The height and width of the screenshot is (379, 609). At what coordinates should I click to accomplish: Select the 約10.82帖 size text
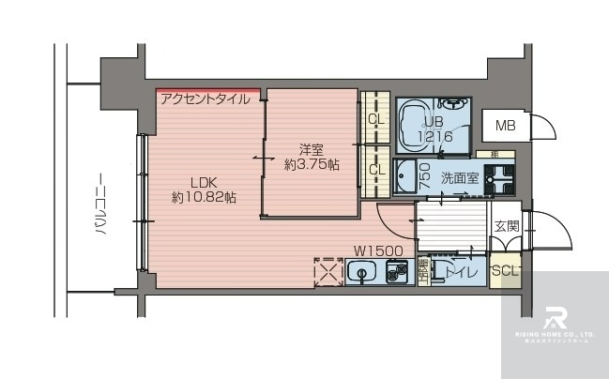tap(204, 198)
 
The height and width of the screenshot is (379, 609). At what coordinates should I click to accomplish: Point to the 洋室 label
tap(312, 149)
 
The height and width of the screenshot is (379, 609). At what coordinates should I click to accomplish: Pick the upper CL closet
tap(375, 119)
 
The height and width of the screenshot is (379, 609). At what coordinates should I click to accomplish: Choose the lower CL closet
tap(375, 170)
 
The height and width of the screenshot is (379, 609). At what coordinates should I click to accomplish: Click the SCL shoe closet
tap(505, 271)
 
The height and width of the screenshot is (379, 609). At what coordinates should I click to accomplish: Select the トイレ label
tap(461, 272)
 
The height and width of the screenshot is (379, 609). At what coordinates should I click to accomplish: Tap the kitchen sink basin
tap(360, 273)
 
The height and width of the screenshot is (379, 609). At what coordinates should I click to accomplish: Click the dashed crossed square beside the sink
tap(327, 272)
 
